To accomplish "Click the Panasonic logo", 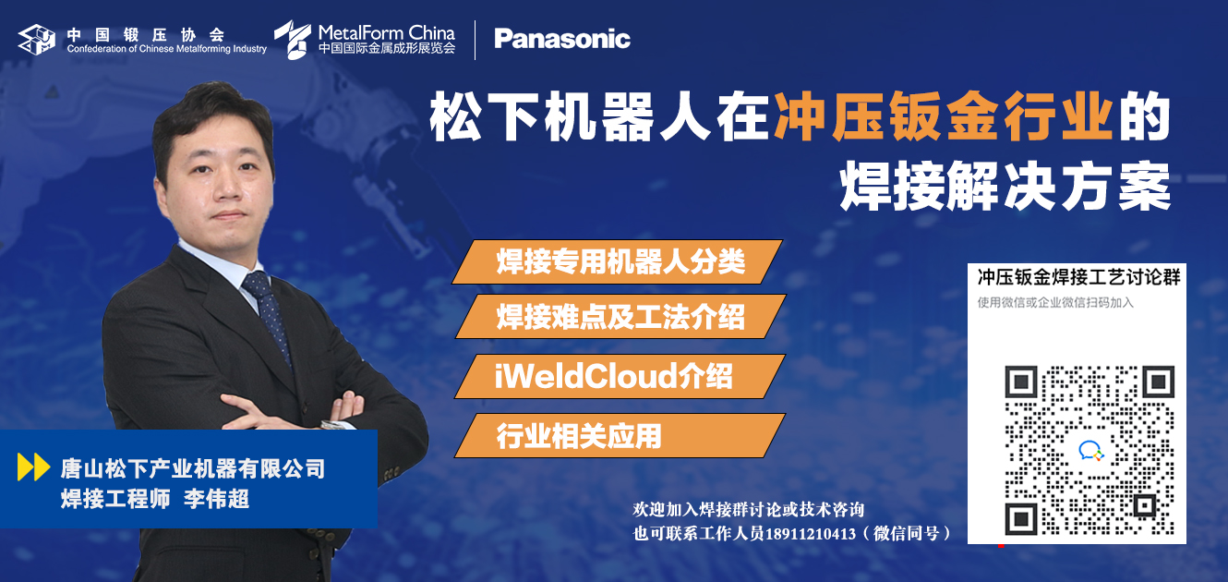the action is coord(562,39).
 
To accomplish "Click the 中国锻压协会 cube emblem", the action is coord(37,40).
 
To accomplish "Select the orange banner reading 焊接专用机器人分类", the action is coord(618,261).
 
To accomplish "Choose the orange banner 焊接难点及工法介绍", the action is coord(620,317).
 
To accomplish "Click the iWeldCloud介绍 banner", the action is coord(620,376).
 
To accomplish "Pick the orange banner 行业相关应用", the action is coord(620,435).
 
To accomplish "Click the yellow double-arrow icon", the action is coord(33,467).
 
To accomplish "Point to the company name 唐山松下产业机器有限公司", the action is coord(193,468).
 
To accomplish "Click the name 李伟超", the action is coord(217,499).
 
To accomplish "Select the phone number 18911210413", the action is coord(811,534).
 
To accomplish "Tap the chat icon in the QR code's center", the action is coord(1090,450).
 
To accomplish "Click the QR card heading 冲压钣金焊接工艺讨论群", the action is coord(1078,277).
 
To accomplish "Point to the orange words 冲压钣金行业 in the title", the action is coord(943,116).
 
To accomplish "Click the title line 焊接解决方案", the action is coord(1005,186).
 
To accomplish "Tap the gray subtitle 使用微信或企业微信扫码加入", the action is coord(1055,302).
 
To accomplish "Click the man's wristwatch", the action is coord(334,425).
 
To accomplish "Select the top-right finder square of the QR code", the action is coord(1159,382).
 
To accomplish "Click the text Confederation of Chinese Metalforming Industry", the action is coord(166,49).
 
